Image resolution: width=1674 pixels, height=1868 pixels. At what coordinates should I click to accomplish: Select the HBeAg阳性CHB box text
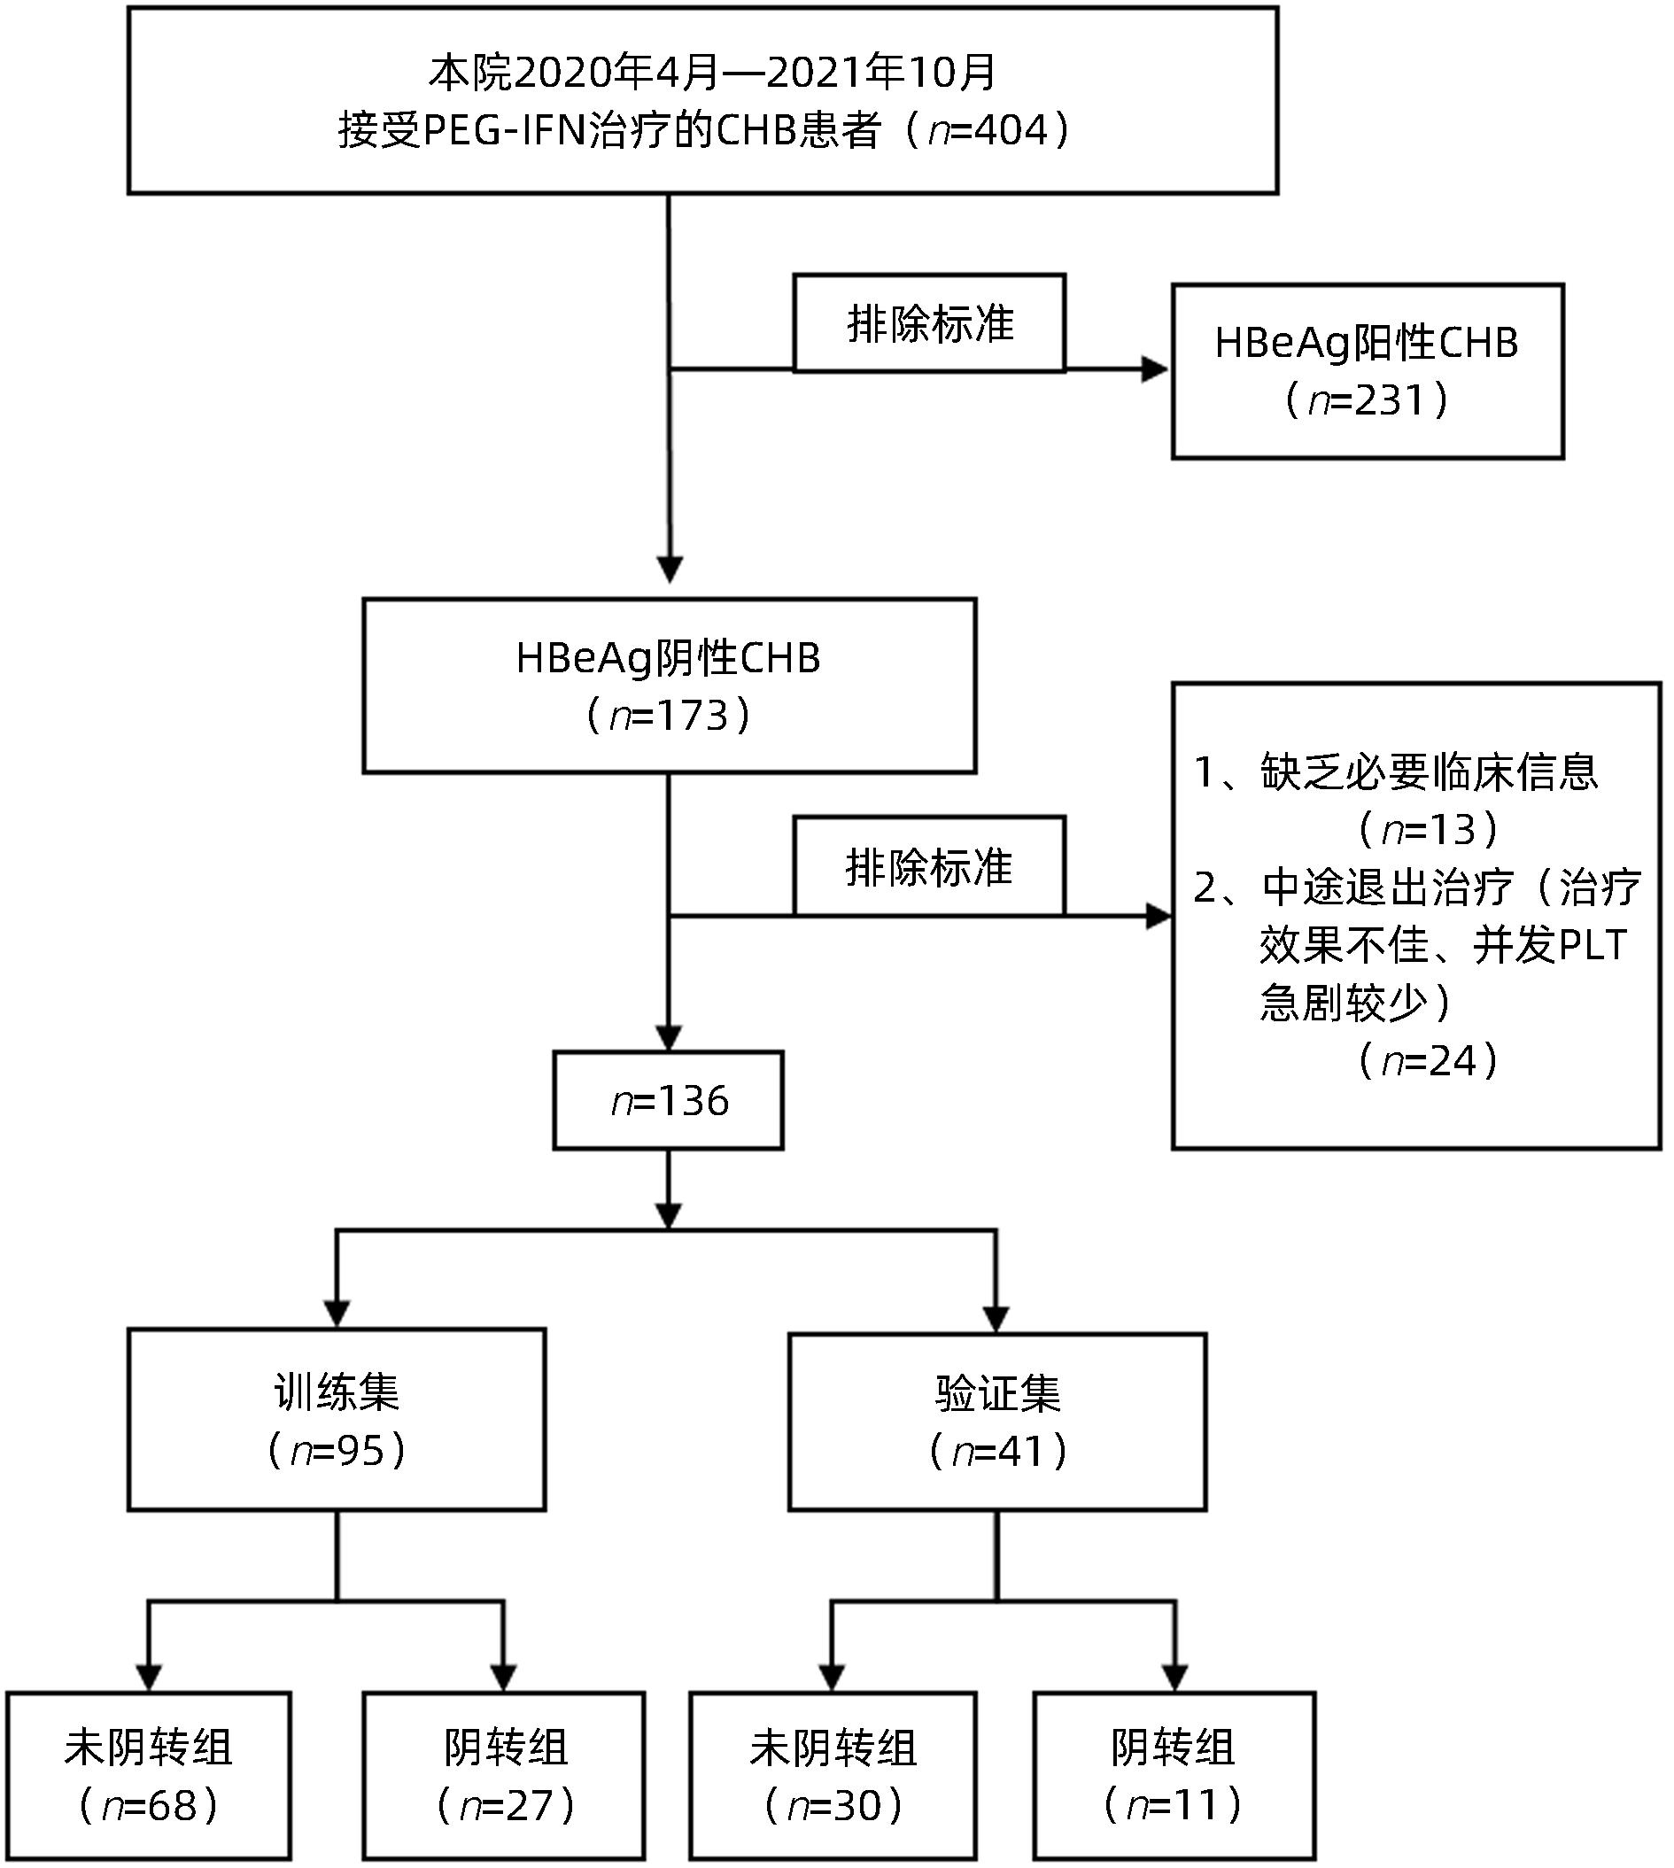1367,343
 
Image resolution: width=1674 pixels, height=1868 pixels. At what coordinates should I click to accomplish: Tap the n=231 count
1367,400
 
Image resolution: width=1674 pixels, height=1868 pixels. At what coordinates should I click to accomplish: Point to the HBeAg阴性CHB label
669,658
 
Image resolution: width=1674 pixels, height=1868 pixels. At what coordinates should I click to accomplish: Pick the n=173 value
669,716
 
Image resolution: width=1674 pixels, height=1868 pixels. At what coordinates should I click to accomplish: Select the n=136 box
669,1101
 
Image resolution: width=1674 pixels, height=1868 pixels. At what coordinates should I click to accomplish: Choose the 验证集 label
998,1394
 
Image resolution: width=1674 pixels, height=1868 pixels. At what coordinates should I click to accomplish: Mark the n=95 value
337,1451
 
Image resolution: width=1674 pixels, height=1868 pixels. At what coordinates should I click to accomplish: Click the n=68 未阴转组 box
149,1775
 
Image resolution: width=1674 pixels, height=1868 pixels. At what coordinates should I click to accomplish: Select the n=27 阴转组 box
504,1775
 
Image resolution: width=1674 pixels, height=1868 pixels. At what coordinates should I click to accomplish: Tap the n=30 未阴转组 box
833,1775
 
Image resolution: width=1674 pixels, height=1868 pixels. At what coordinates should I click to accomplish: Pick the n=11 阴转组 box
1174,1775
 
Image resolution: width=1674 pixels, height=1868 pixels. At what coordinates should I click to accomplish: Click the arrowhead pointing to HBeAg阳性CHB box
1155,369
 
